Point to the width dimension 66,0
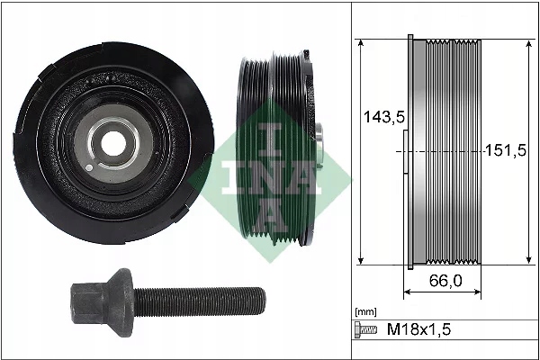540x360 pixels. [445, 281]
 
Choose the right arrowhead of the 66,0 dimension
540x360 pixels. [481, 292]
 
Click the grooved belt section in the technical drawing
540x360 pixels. [454, 152]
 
